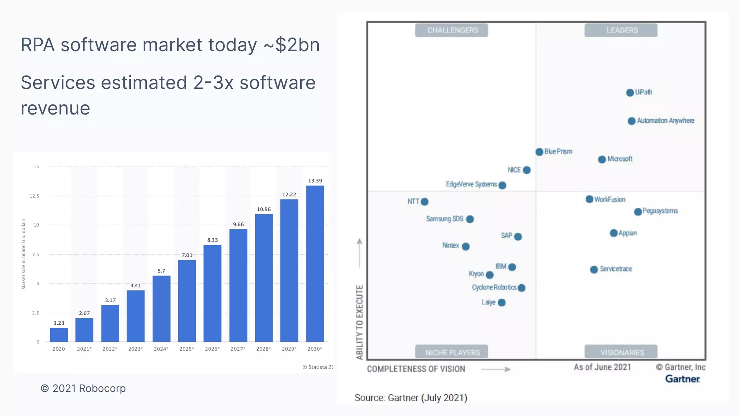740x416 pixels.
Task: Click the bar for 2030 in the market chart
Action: pos(315,264)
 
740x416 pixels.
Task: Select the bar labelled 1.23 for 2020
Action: pos(59,335)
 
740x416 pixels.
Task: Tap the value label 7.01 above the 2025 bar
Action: pos(187,255)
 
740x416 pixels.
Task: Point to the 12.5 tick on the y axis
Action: pos(34,196)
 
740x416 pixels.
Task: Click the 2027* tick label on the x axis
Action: pos(238,349)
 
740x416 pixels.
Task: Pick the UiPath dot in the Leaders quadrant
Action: pos(630,93)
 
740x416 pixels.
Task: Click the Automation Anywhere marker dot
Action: pos(632,121)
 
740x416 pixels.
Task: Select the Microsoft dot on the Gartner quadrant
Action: pos(602,160)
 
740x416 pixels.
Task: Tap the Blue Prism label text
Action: pos(558,152)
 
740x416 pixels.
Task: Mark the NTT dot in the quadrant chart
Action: pos(425,202)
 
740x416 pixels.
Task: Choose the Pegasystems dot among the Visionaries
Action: pos(638,212)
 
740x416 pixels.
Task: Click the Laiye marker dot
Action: pos(502,303)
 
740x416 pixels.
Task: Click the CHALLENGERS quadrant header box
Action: pos(452,30)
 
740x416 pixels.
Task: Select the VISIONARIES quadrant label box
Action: pos(621,352)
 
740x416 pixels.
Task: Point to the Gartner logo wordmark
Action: pos(683,379)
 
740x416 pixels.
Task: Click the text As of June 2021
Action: pos(602,367)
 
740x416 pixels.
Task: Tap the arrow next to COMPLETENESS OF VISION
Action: pos(496,369)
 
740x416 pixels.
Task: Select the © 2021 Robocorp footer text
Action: pos(83,389)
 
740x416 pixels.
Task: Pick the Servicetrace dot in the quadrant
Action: pos(594,270)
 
